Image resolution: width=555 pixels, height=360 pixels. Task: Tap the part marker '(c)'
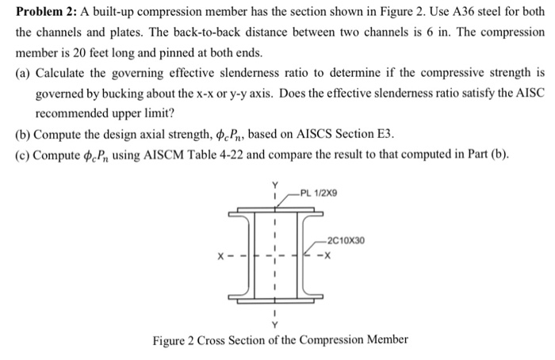23,154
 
